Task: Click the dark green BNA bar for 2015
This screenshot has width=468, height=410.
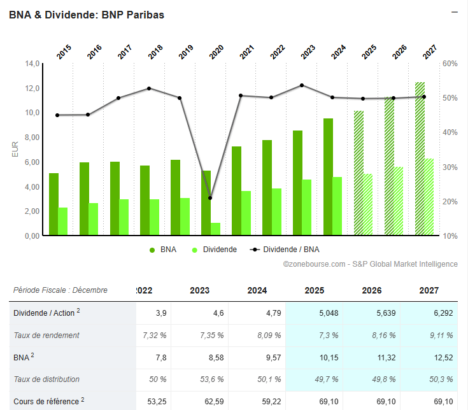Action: (x=53, y=204)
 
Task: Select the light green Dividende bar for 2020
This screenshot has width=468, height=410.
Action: (x=216, y=229)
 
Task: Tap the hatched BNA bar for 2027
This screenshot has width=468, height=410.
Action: (x=420, y=159)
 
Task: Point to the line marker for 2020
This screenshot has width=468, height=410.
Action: (x=210, y=198)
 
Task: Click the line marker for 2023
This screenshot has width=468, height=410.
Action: (x=302, y=85)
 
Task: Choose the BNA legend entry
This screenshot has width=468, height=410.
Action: (x=164, y=250)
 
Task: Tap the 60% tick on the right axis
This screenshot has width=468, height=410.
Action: (x=450, y=64)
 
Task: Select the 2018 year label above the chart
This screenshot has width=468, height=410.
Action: (x=155, y=52)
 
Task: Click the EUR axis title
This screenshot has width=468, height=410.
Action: (x=15, y=150)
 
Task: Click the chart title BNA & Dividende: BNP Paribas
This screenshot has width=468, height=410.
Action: (x=87, y=15)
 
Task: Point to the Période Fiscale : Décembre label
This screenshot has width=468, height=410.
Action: (x=60, y=290)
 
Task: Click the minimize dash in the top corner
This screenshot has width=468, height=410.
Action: (x=455, y=12)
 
